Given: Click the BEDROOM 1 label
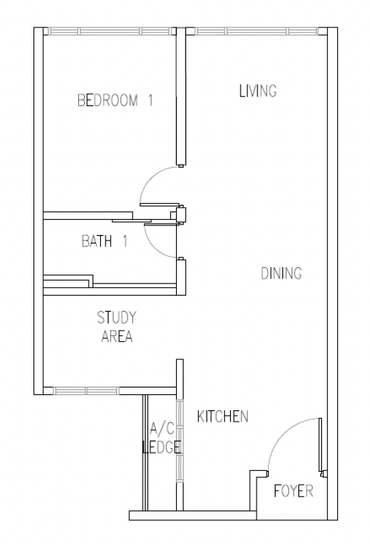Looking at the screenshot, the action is [115, 100].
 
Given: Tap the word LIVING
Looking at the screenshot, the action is [258, 91].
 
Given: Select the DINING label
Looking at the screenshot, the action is [281, 273].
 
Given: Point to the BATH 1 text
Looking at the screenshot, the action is [105, 241].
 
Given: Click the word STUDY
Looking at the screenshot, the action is [116, 318].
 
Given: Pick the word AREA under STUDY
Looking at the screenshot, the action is [117, 336].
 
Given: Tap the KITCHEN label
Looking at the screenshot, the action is [223, 416].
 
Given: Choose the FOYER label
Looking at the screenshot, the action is [293, 491].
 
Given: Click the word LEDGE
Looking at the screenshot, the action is [162, 447].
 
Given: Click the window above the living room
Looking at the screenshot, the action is [257, 32].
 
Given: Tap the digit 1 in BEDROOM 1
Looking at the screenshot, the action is [150, 100].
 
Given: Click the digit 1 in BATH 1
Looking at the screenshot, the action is [125, 241].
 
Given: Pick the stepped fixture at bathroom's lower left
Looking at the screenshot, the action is [68, 281].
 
